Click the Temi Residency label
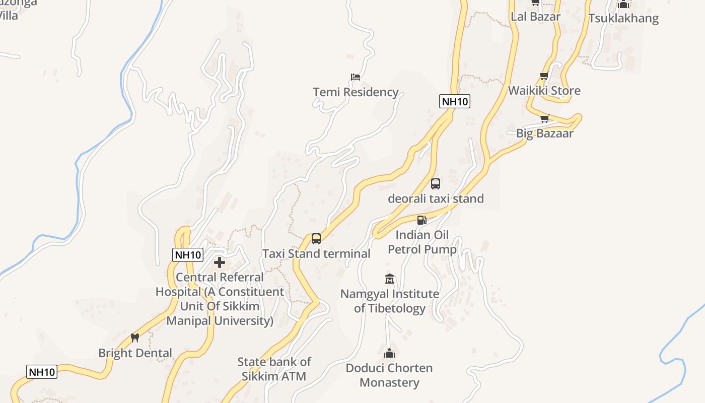pos(356,92)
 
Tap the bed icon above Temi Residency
pos(356,77)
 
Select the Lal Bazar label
pos(535,17)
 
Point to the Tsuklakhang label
pos(623,18)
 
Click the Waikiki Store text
pos(544,91)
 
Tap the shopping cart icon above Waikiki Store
pos(544,76)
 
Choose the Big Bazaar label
pos(544,133)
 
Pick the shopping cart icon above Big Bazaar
pos(544,119)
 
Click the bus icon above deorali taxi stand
pos(436,184)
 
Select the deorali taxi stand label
pos(436,198)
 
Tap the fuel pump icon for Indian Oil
pos(421,220)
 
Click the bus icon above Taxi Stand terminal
pos(316,239)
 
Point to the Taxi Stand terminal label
pos(316,253)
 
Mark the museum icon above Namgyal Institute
pos(390,279)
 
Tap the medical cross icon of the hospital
pos(220,262)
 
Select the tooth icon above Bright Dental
pos(134,338)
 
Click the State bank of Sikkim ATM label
pos(274,369)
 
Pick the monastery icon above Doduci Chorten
pos(389,353)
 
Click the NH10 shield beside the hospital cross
pos(188,255)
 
